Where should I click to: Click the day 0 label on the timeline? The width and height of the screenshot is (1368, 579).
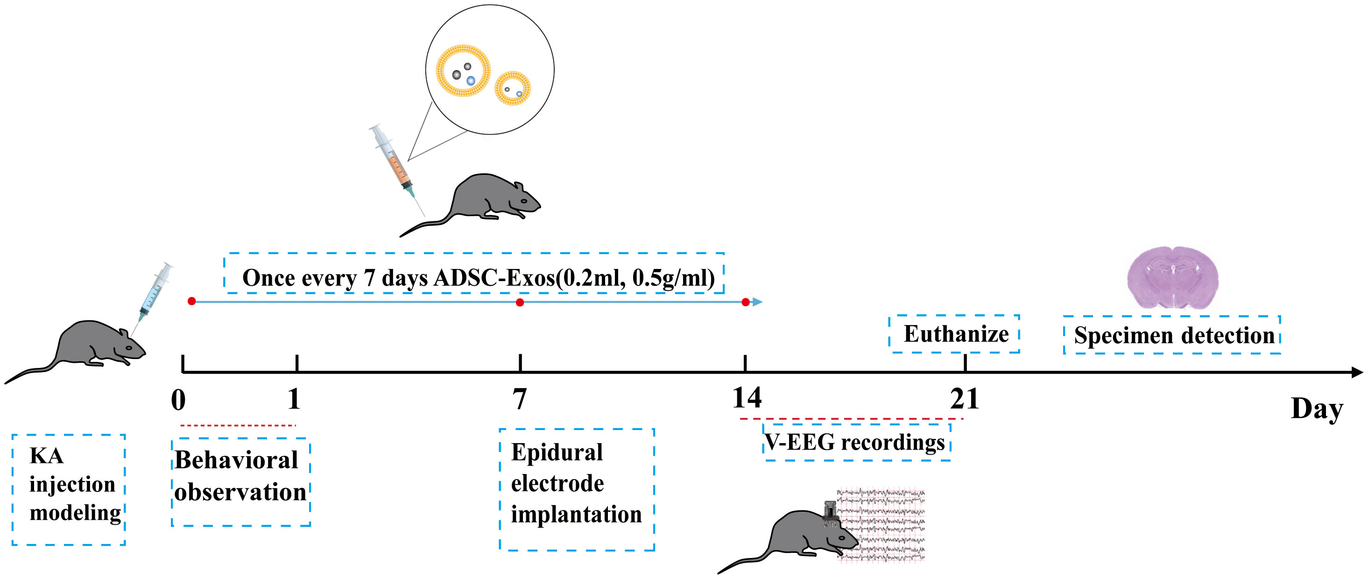(x=178, y=399)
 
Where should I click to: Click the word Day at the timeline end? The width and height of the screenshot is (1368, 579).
(x=1317, y=409)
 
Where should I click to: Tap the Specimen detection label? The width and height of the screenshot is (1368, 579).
(x=1174, y=335)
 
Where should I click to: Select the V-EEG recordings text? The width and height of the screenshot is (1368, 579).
(x=855, y=442)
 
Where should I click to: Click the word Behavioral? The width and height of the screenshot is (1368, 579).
(x=236, y=460)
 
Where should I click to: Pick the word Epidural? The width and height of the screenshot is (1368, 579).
(x=557, y=452)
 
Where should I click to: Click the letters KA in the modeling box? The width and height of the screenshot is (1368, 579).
(x=47, y=456)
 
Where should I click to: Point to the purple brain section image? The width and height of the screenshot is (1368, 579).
(x=1172, y=277)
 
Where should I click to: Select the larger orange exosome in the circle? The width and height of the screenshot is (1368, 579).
(x=463, y=70)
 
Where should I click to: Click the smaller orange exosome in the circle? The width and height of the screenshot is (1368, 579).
(x=513, y=88)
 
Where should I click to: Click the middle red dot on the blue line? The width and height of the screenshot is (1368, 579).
(x=520, y=302)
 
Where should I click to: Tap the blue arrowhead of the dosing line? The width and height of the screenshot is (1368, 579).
(x=758, y=302)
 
